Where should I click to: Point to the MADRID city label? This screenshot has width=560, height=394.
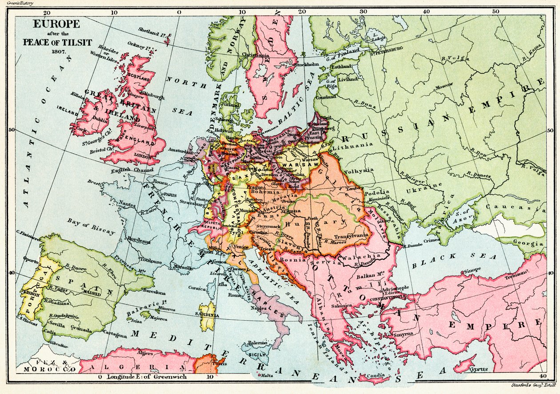point(92,294)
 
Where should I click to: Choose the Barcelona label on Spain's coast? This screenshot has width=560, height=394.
point(154,293)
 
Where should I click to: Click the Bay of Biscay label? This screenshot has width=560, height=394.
point(91,226)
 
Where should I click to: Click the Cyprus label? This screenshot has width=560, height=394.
point(477,369)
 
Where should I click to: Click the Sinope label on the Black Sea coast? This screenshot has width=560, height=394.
point(472,270)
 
